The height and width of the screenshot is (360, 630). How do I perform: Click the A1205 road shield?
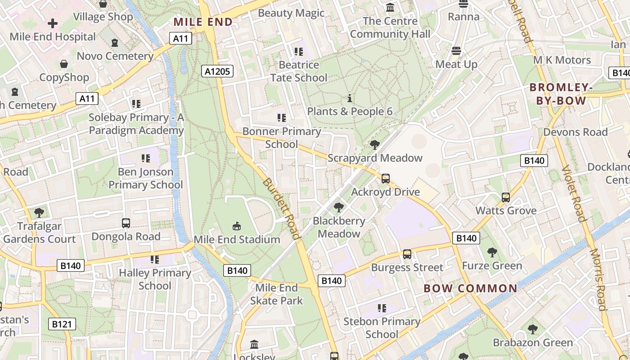tap(217, 71)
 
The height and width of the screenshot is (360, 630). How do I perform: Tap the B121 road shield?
tap(62, 324)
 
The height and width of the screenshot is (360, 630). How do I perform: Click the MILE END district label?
tap(203, 22)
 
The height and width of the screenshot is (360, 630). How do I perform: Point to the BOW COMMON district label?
tap(471, 288)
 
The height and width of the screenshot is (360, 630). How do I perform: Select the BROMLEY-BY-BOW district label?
tap(561, 94)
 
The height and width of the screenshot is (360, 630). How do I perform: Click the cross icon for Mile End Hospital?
tap(53, 23)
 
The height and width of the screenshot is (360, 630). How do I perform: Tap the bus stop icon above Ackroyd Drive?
tap(385, 178)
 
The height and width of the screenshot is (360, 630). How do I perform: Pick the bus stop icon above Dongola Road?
tap(126, 223)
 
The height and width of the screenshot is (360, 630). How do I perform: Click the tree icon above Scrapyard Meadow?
tap(374, 144)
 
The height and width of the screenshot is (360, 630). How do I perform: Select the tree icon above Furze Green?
tap(492, 252)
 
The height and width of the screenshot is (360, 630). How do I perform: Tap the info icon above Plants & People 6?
tap(350, 98)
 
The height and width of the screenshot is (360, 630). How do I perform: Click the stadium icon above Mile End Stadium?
tap(237, 225)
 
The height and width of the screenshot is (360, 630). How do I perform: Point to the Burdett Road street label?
tap(281, 208)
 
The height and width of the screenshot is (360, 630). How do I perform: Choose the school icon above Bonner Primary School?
tap(282, 118)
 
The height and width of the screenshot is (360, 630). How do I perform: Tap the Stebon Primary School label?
tap(382, 328)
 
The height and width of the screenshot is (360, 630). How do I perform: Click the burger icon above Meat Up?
tap(456, 50)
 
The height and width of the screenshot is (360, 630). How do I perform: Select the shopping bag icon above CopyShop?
tap(64, 64)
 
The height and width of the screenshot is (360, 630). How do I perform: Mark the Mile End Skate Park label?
tap(276, 294)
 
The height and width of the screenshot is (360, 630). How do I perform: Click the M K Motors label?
tap(562, 60)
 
